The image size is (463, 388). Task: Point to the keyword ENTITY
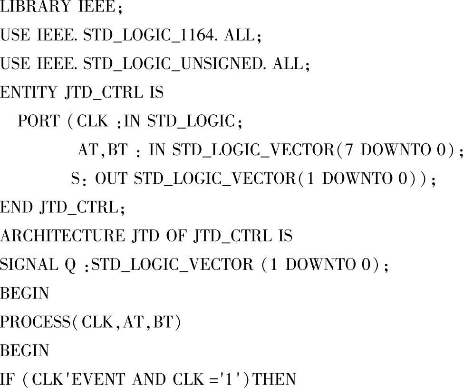(x=28, y=93)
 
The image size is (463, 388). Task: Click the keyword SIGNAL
(x=27, y=265)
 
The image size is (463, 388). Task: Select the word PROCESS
(x=35, y=322)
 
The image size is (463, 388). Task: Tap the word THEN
(x=276, y=379)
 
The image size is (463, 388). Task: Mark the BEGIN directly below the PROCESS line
(x=24, y=351)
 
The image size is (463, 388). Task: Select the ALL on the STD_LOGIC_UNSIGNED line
(x=287, y=64)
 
